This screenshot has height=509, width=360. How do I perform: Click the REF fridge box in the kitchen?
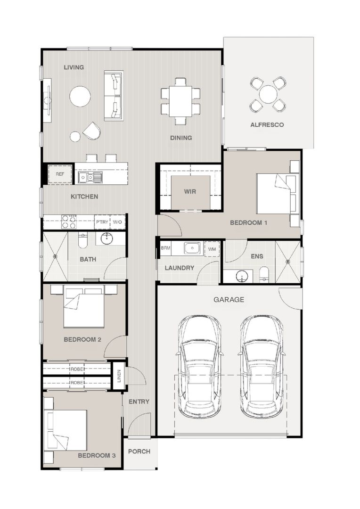click(x=60, y=174)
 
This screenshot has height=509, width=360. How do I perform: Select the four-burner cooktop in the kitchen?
click(x=69, y=222)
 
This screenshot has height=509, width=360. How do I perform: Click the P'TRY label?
click(x=102, y=222)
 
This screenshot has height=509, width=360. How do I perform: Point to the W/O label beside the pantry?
click(x=117, y=222)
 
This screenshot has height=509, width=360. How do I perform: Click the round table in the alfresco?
click(x=268, y=94)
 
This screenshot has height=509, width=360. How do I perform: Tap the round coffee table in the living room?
click(x=80, y=96)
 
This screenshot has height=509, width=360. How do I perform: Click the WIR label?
click(x=190, y=191)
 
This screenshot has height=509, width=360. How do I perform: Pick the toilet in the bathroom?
click(x=83, y=240)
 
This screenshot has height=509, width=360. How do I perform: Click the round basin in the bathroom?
click(x=106, y=238)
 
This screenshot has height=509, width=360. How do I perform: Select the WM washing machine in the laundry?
click(x=212, y=249)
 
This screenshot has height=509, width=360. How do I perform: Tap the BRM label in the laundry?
click(x=165, y=248)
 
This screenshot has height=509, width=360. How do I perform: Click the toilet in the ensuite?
click(x=264, y=274)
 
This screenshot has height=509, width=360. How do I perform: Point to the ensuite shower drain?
click(x=287, y=262)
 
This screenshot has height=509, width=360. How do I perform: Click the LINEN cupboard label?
click(x=119, y=376)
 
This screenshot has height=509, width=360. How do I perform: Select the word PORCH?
click(x=139, y=452)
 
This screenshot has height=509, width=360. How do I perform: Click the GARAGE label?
click(x=229, y=300)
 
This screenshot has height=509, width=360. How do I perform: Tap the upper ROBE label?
click(x=77, y=369)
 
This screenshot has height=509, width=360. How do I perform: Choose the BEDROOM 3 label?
click(x=97, y=456)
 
